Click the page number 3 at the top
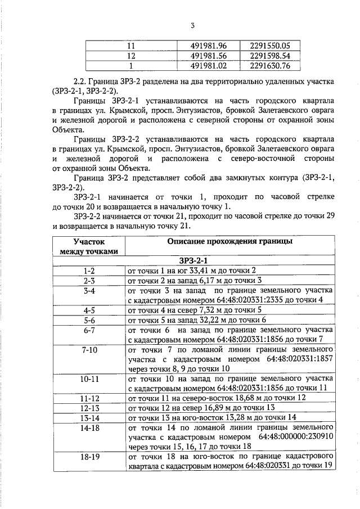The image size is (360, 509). coord(193,26)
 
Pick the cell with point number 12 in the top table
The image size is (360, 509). coord(132,56)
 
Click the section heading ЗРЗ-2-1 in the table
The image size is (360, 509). coord(193,260)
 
